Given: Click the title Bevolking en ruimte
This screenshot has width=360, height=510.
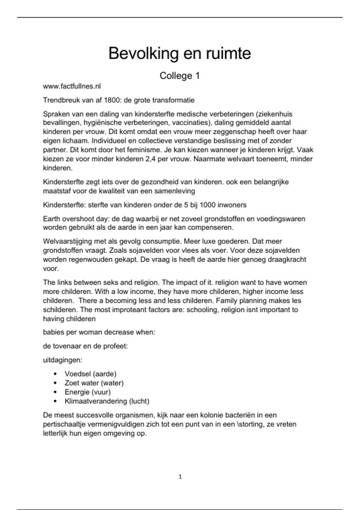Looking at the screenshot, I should pos(179,53).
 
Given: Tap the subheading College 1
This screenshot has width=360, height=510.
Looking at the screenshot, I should pos(179,76).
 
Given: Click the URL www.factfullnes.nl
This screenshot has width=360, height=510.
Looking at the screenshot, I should pos(72,86).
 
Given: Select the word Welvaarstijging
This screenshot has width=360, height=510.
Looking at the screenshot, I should pos(67,241).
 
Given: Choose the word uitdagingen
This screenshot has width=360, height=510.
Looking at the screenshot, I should pos(62,360).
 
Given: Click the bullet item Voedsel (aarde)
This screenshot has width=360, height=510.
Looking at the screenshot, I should pos(90,374).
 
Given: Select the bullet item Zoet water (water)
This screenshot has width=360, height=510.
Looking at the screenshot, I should pos(94,383).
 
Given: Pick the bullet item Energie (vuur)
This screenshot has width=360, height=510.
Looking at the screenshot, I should pos(87,392).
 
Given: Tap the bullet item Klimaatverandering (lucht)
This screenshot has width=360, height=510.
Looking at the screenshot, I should pos(107,401).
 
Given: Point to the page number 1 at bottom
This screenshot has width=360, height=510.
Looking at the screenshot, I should pos(180,477).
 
